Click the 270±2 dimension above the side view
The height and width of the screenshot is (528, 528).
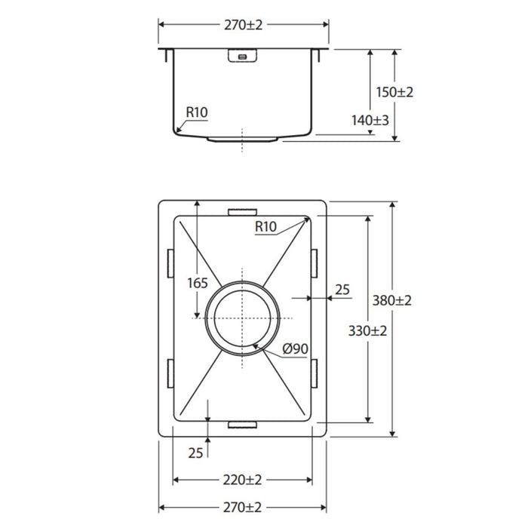tap(243, 24)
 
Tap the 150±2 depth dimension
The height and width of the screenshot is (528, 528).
tap(394, 92)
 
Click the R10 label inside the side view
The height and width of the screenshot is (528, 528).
tap(196, 113)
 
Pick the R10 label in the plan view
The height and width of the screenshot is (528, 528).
tap(266, 226)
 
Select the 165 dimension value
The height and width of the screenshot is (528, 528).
tap(197, 283)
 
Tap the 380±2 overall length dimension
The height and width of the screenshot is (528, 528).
tap(393, 299)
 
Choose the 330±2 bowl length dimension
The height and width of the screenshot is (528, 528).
tap(367, 330)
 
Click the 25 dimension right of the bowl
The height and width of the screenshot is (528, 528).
tap(342, 289)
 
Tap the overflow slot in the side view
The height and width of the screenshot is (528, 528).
tap(243, 56)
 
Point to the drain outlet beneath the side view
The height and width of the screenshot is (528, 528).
tap(243, 140)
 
